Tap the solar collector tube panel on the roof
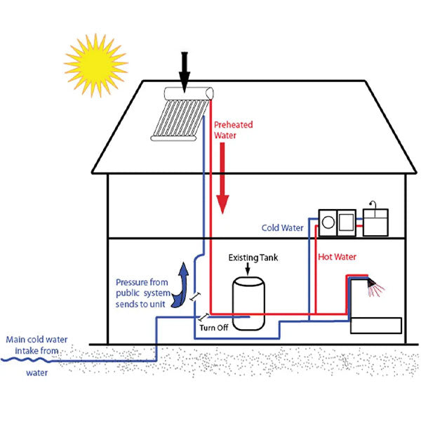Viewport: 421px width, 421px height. (178, 120)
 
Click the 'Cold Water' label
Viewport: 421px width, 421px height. (282, 228)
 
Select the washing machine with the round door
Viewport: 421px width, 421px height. (328, 220)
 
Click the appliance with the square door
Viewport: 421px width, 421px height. (347, 220)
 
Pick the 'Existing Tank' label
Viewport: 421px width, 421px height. (253, 258)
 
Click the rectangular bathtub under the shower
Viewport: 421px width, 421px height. (375, 326)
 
